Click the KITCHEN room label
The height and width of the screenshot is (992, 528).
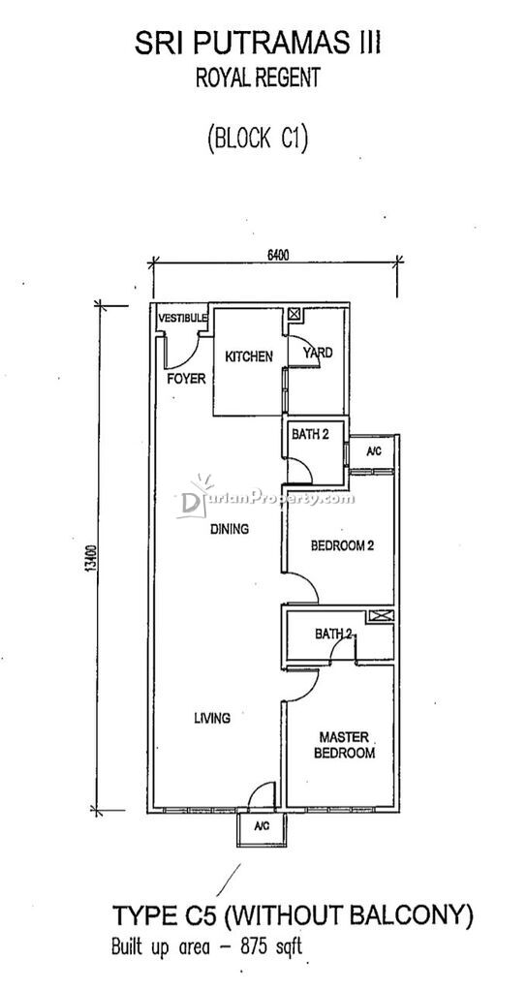[249, 356]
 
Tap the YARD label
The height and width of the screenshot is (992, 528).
[318, 353]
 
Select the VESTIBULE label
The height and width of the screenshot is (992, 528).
[182, 318]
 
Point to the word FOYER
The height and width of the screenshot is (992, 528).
[186, 379]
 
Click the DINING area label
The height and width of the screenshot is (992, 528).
[230, 529]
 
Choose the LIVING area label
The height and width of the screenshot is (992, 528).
[212, 718]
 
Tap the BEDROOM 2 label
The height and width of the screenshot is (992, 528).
[342, 545]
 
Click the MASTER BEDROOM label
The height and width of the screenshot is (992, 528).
[344, 745]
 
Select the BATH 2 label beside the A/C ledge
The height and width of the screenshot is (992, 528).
[311, 435]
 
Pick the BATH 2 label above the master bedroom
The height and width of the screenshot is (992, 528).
[334, 634]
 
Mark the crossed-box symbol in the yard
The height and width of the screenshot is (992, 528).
[295, 314]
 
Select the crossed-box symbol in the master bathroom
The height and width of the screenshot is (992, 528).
[381, 615]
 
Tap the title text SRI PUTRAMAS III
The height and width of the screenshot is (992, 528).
[258, 45]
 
